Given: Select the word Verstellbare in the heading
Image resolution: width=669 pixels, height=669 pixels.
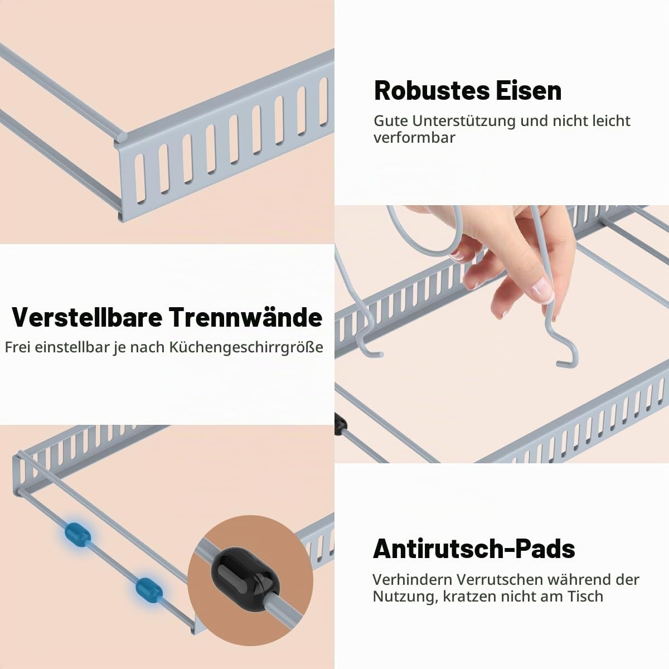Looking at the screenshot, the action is point(87,317).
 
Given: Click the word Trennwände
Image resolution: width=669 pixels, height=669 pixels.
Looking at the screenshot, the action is point(246,317).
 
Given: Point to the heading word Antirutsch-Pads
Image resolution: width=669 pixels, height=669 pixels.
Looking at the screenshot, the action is point(474,549).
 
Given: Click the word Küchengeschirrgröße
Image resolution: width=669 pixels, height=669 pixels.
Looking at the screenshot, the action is point(246,347).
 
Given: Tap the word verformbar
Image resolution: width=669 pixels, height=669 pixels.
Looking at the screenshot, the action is point(414,138).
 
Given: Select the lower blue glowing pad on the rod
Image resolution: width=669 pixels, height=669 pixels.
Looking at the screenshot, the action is point(149,589).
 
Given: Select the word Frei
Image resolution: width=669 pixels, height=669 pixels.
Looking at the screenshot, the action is point(17,347).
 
